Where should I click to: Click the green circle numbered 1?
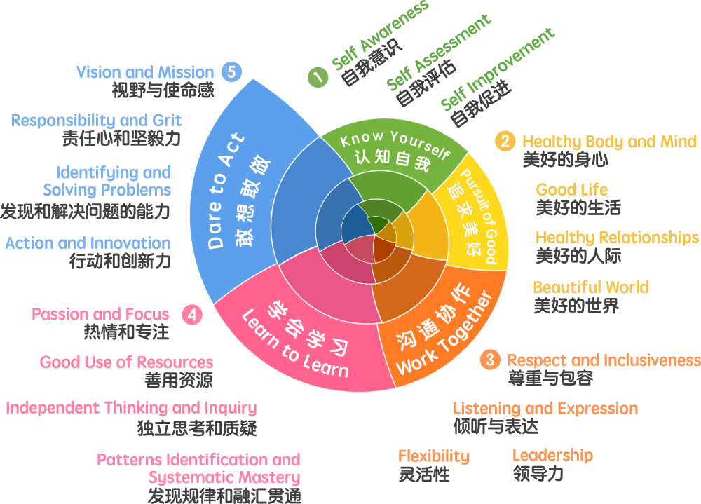pos(318,77)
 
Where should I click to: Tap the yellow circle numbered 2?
pos(504,142)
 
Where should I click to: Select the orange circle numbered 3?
pos(490,360)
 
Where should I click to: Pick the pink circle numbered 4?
pos(192,315)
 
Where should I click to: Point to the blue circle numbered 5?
pos(231,71)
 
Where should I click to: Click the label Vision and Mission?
pos(144,72)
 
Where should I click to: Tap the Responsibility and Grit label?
pos(96,121)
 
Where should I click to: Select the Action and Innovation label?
pos(88,243)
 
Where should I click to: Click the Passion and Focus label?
pos(100,314)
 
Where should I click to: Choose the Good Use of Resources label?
pos(126,362)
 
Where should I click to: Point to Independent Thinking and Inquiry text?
pos(131,408)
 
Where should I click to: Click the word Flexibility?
pos(433,456)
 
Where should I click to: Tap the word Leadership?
pos(552,456)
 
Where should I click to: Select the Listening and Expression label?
pos(545,409)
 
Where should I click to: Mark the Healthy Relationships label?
pos(617,238)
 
